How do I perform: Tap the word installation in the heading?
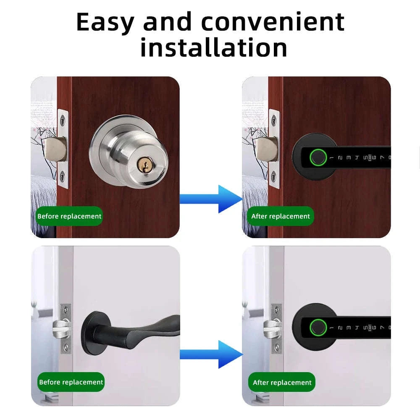[214, 47]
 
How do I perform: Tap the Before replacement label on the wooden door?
[69, 216]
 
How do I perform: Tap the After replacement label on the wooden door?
[280, 216]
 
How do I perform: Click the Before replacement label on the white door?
[71, 382]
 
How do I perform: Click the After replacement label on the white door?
[282, 383]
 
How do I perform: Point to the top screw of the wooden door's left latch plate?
[62, 120]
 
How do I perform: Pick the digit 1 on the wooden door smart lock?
[331, 158]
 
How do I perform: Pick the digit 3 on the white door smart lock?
[349, 328]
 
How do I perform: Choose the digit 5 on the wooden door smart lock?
[365, 158]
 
